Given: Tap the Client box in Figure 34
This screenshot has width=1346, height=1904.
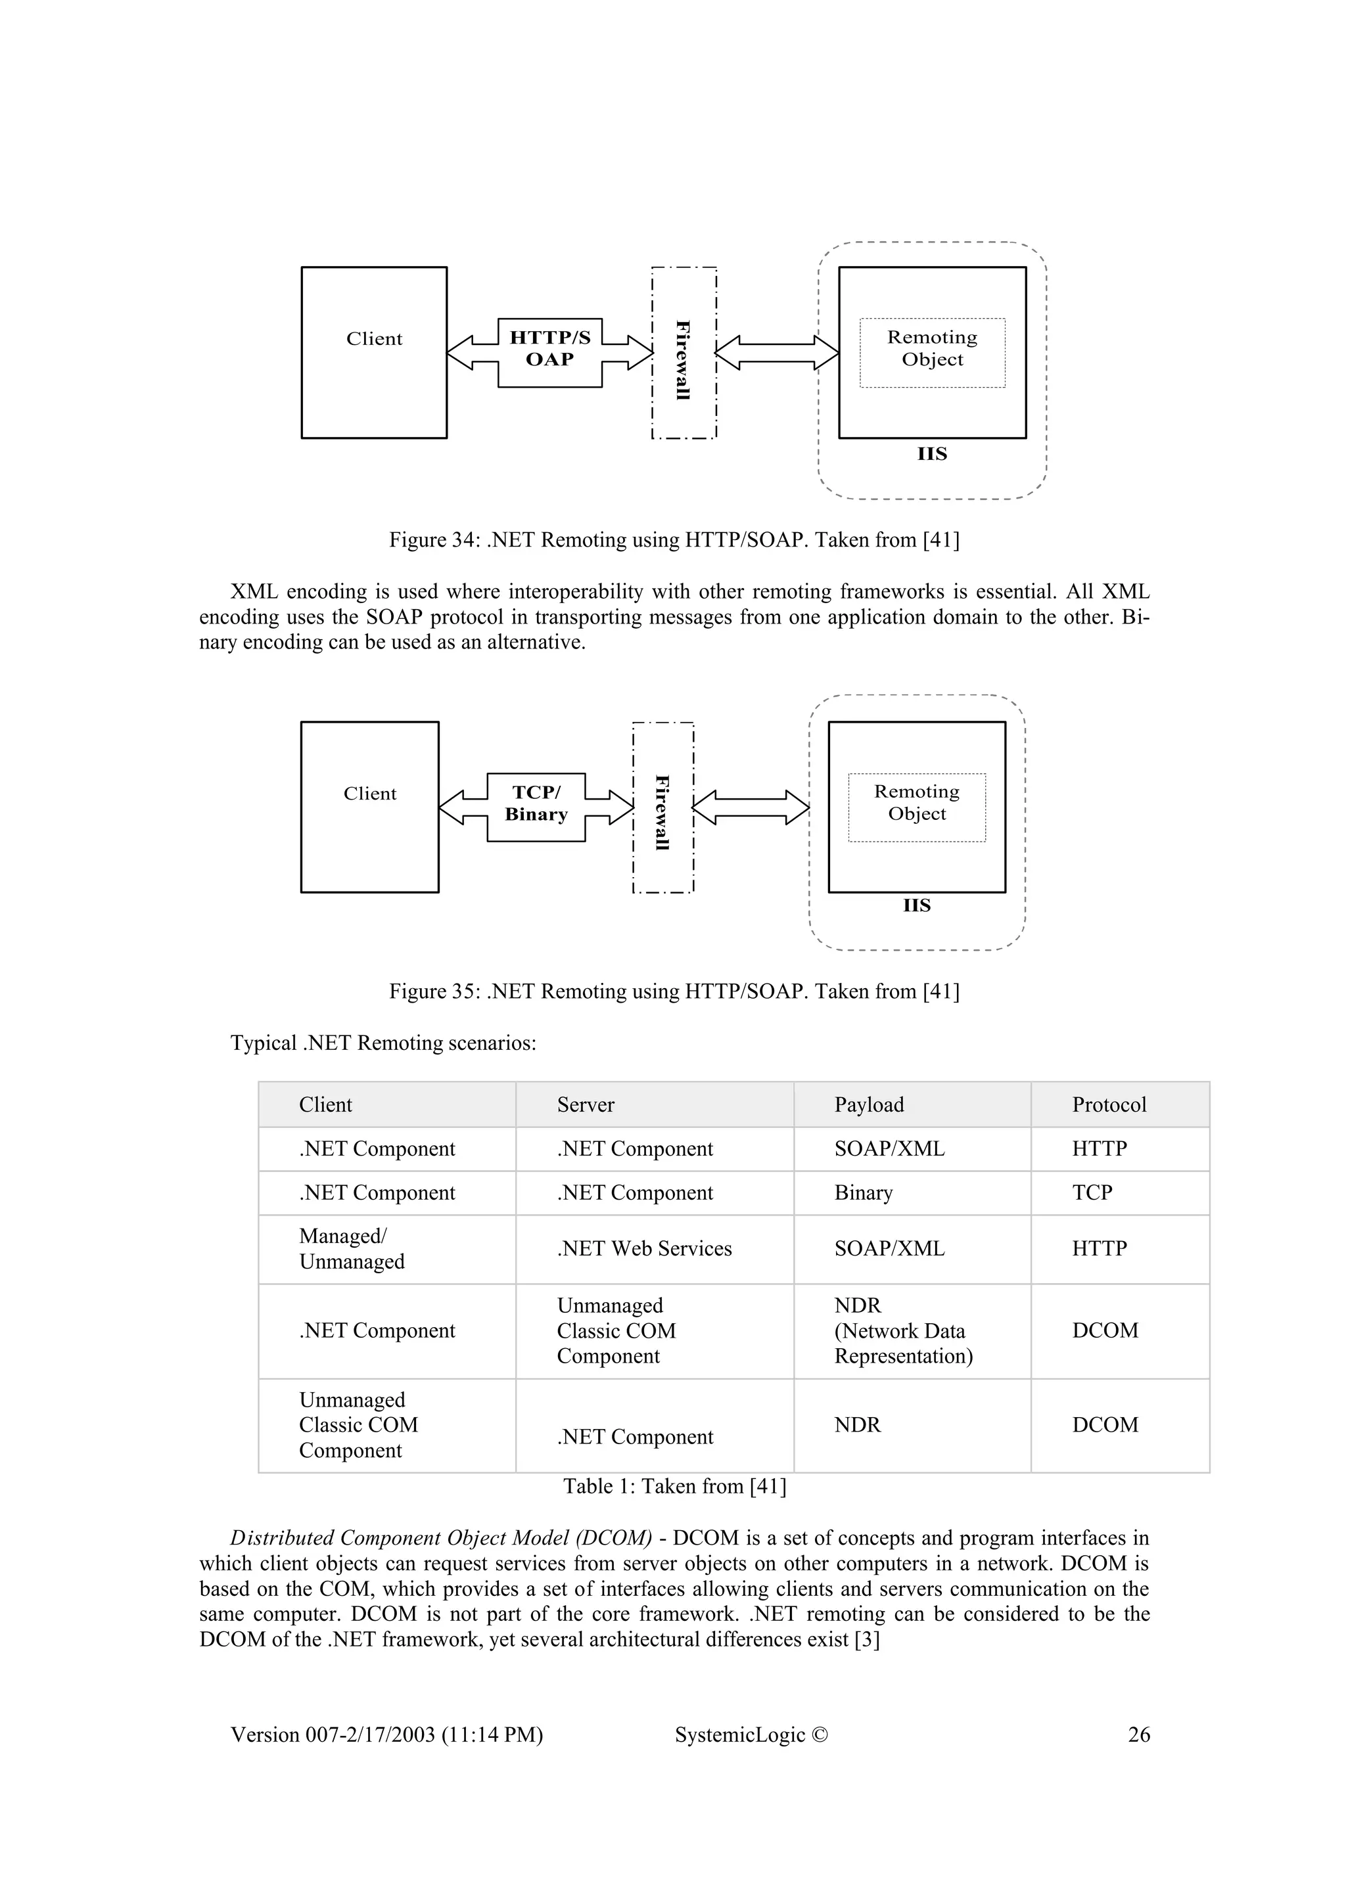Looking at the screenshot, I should pyautogui.click(x=374, y=351).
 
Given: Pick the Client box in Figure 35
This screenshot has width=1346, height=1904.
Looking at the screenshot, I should pyautogui.click(x=370, y=806).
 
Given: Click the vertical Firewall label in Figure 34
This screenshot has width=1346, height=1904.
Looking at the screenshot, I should pyautogui.click(x=684, y=360).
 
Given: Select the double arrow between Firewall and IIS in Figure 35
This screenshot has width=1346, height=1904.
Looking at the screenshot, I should pyautogui.click(x=751, y=807).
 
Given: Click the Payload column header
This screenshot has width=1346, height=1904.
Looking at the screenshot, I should pyautogui.click(x=868, y=1104).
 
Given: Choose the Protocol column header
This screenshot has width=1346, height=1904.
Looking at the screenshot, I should pyautogui.click(x=1109, y=1104).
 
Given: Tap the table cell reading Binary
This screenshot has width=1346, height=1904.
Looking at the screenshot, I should pyautogui.click(x=864, y=1192).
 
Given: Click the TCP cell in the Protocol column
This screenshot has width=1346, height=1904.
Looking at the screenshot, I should pyautogui.click(x=1092, y=1192).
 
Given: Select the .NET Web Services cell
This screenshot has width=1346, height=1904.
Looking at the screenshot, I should pyautogui.click(x=643, y=1249).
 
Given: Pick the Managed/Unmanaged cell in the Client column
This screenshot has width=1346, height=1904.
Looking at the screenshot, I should pyautogui.click(x=352, y=1249).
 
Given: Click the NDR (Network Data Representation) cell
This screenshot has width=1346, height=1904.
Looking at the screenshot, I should pyautogui.click(x=902, y=1330).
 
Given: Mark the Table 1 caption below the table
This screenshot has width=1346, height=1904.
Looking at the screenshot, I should pyautogui.click(x=674, y=1486).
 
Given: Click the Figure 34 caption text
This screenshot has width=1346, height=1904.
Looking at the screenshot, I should pyautogui.click(x=674, y=540).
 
